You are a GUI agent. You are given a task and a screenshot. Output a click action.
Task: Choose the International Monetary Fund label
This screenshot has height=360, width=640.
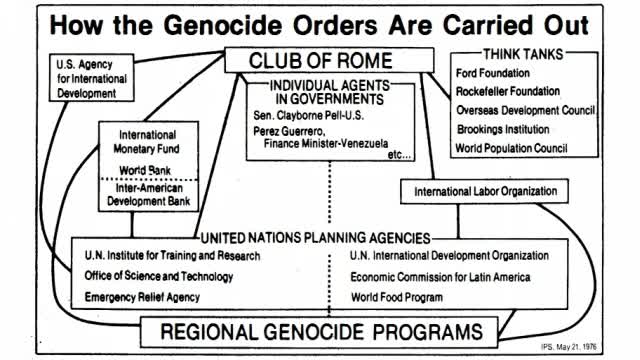[147, 141]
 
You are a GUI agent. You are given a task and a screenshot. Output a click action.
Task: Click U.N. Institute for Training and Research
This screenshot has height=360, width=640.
[173, 257]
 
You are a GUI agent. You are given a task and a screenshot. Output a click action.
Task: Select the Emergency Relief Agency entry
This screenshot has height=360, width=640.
[142, 297]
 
